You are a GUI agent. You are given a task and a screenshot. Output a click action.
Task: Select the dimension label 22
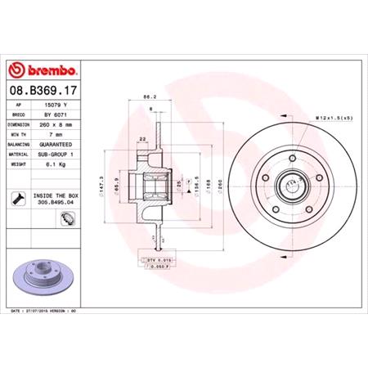pyautogui.click(x=143, y=138)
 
